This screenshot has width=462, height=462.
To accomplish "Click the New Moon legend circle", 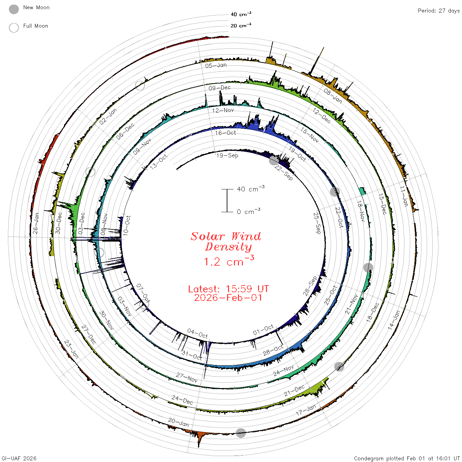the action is [x=14, y=9].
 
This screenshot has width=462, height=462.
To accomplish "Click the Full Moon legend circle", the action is [x=14, y=28].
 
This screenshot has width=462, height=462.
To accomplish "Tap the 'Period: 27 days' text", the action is [x=439, y=11].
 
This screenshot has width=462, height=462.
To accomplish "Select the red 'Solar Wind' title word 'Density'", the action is [x=228, y=247].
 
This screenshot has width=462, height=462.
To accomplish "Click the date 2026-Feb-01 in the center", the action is [x=228, y=298].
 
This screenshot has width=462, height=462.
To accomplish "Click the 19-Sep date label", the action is [x=227, y=155].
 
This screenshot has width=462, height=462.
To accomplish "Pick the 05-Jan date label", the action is [x=216, y=65].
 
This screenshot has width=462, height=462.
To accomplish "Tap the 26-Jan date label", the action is [x=36, y=223].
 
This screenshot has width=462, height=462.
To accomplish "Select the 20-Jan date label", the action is [x=179, y=422].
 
